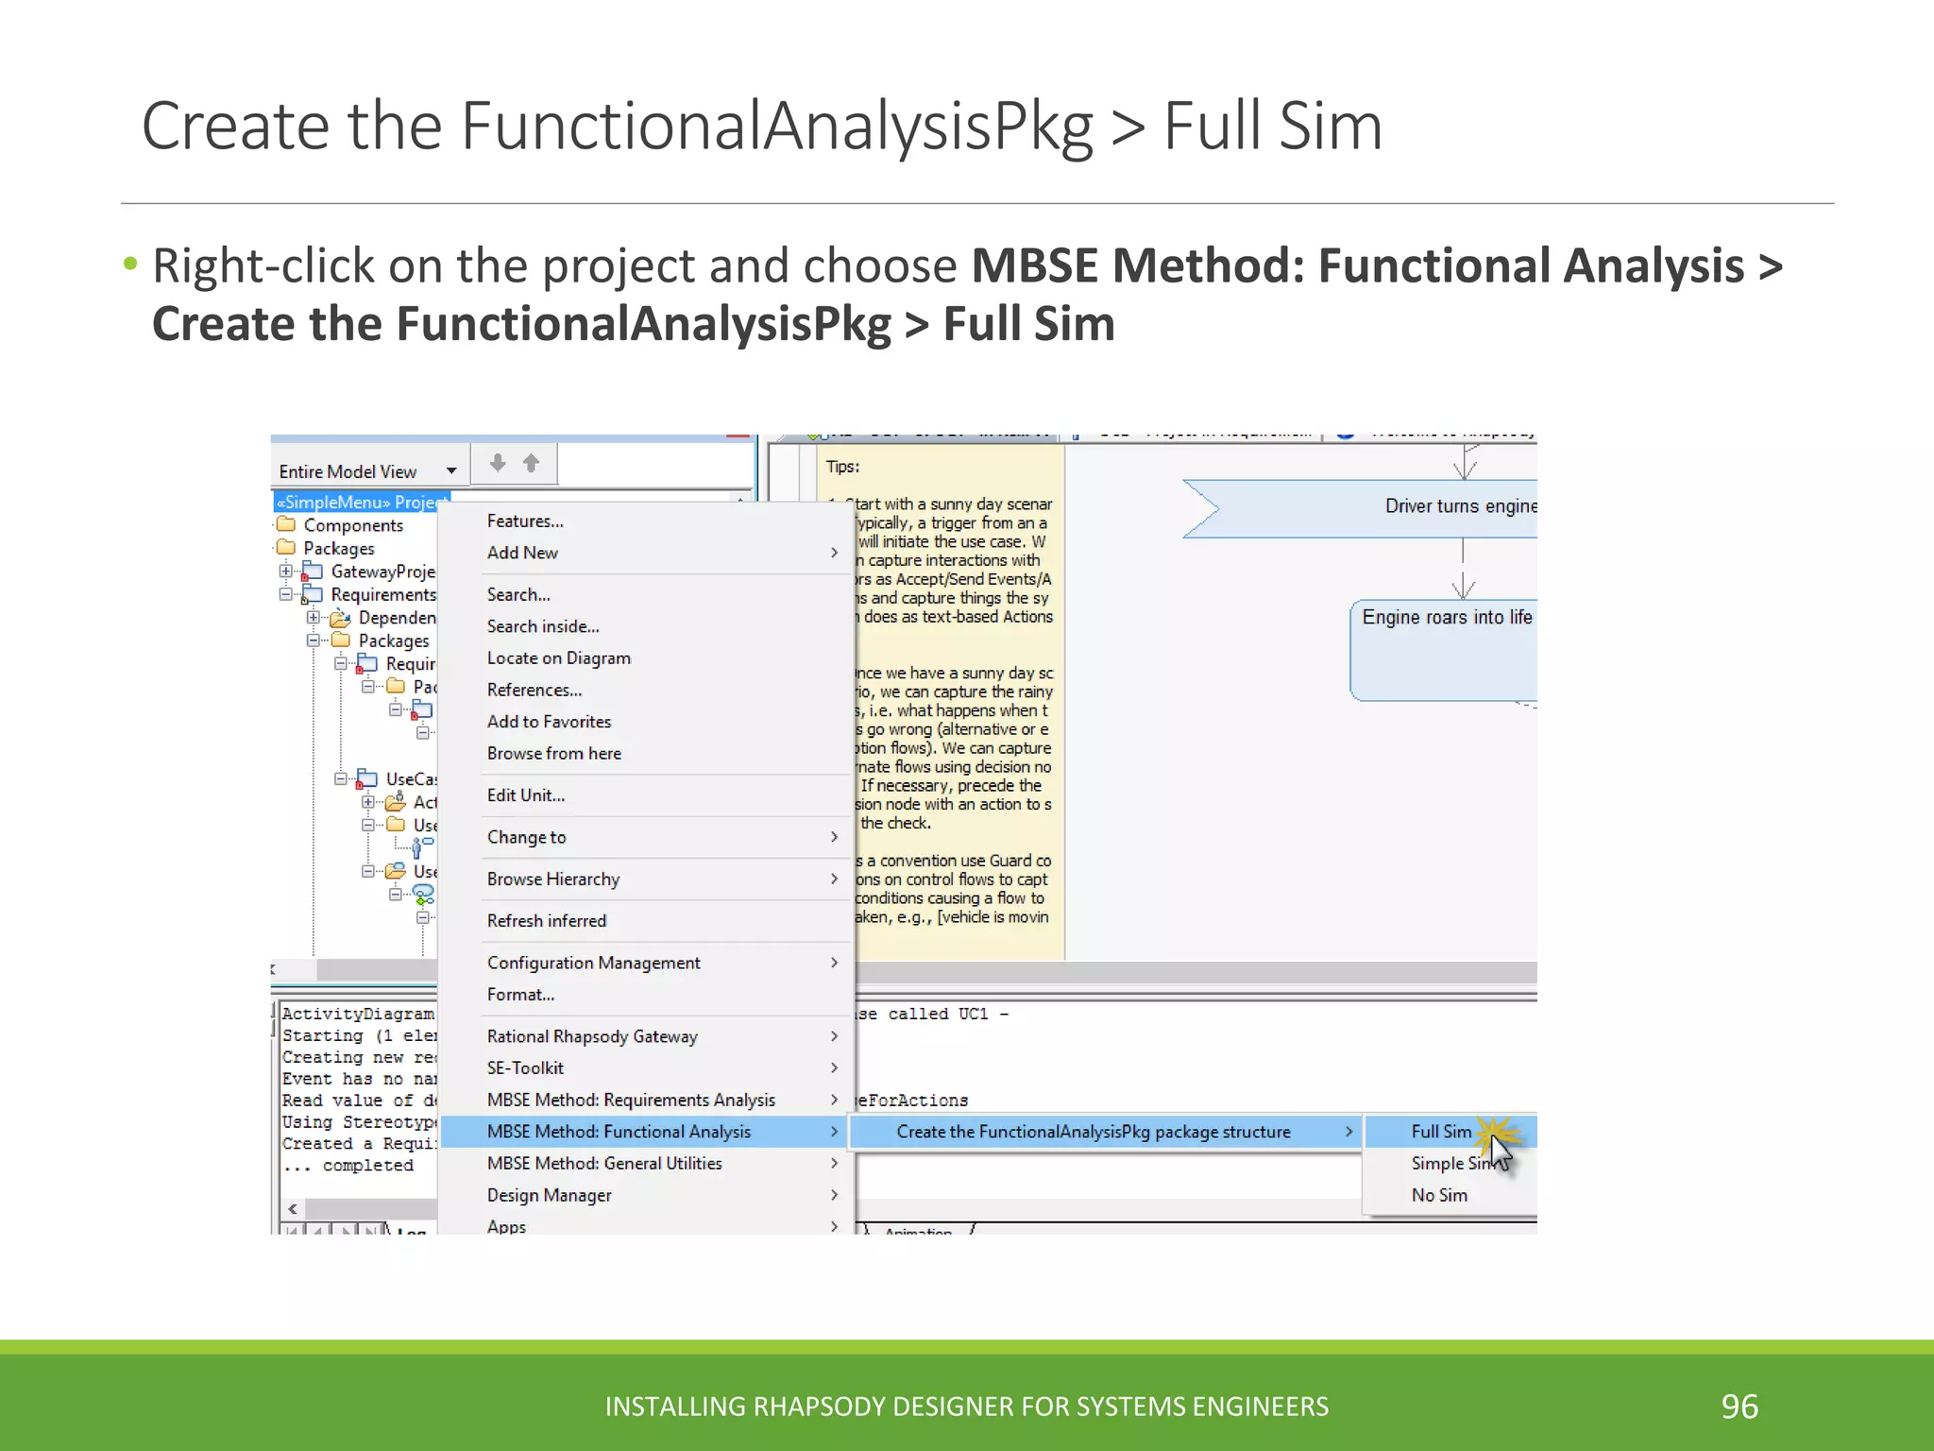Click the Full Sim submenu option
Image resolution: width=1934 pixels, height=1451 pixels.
click(1441, 1132)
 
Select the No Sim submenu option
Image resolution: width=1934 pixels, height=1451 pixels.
click(1439, 1195)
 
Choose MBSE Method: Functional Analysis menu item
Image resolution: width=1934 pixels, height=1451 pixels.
click(619, 1132)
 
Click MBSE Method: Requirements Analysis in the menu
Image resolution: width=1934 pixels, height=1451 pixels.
click(631, 1100)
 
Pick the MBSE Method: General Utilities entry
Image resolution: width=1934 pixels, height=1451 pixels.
click(604, 1164)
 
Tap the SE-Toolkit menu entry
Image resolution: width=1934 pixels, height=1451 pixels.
click(525, 1068)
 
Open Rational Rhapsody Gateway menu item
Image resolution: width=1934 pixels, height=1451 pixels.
click(592, 1036)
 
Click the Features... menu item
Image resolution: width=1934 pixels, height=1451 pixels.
click(525, 521)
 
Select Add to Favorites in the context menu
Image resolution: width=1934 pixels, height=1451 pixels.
click(549, 722)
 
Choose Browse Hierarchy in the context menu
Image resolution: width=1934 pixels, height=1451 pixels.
click(553, 879)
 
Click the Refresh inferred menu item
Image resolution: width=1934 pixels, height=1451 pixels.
click(547, 921)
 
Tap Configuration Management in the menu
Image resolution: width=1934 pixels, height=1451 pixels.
click(594, 963)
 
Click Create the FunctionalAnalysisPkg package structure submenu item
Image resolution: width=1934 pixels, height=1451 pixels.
click(1094, 1132)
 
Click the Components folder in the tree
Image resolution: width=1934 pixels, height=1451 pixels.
click(352, 525)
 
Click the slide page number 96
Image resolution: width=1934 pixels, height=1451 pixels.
click(1739, 1407)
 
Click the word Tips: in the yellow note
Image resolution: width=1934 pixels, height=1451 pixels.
click(842, 467)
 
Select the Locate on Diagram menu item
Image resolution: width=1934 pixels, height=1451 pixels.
click(559, 658)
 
